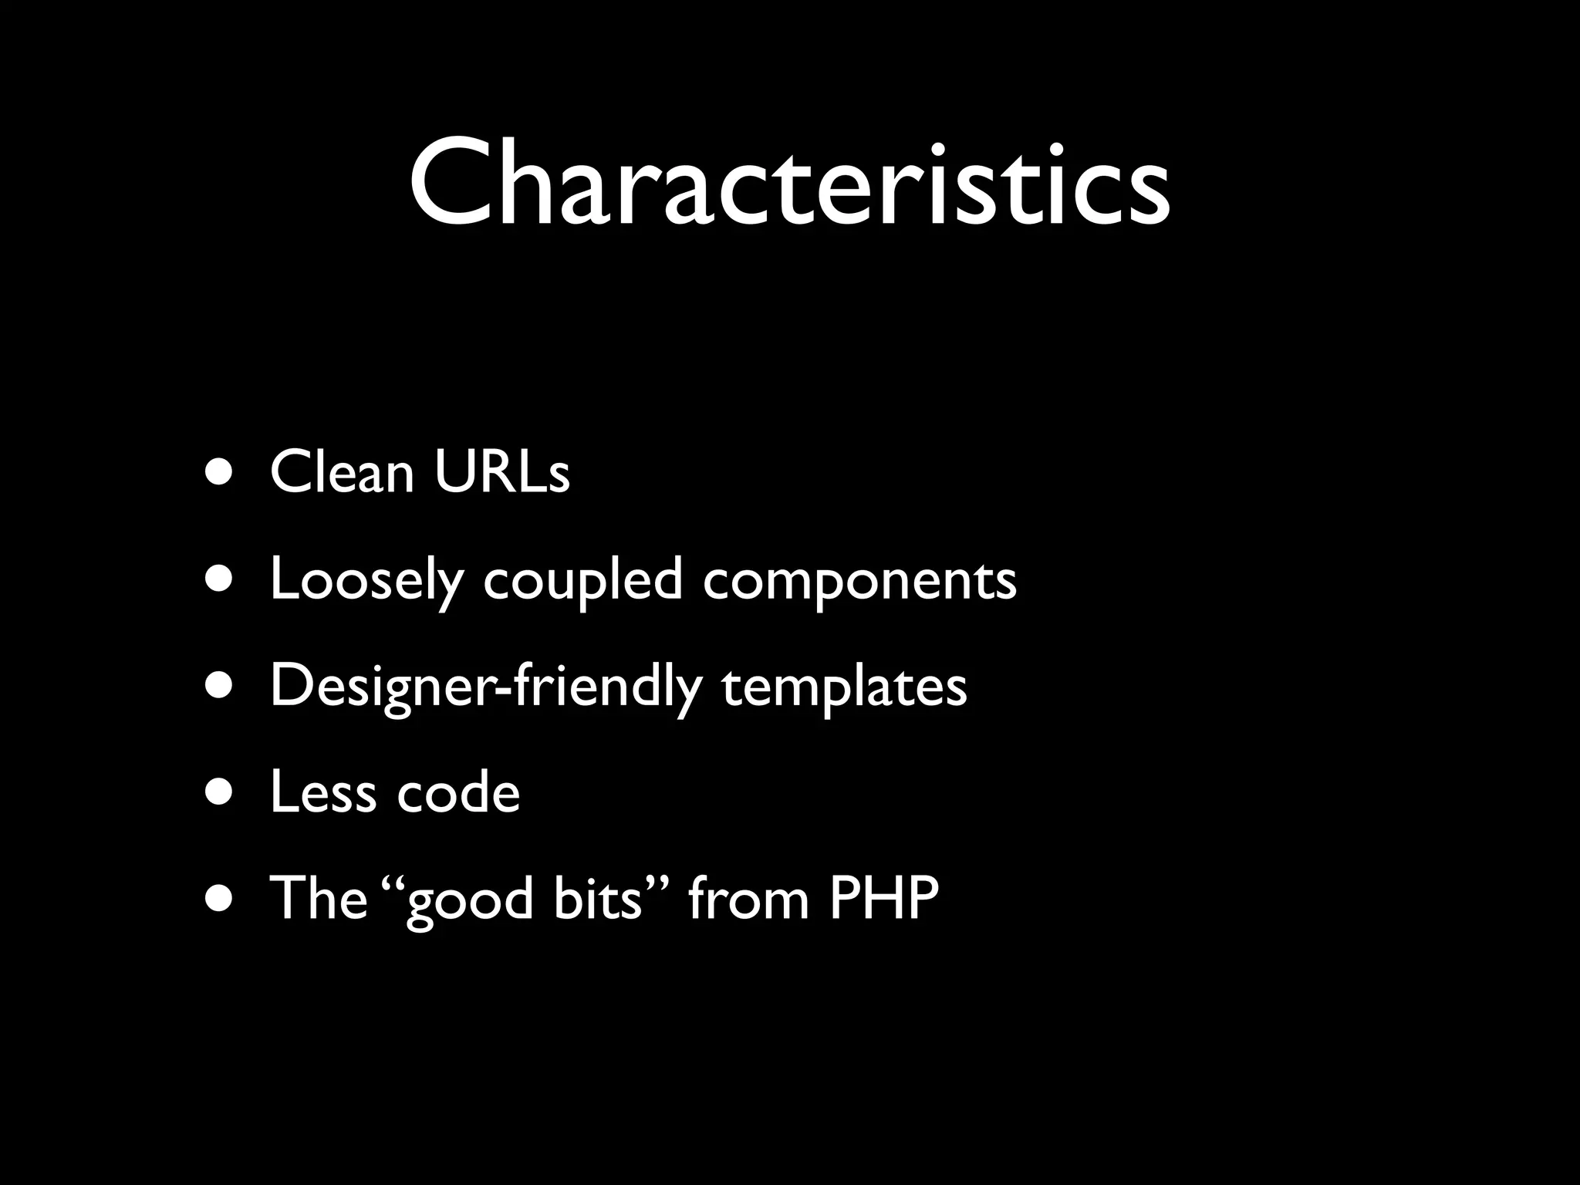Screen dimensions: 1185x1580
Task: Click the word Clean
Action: pos(343,472)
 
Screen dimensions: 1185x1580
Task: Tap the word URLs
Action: pos(502,472)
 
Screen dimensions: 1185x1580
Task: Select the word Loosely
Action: pos(366,581)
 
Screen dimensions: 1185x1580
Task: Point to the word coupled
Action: pos(583,581)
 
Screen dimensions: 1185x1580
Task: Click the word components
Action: pos(859,581)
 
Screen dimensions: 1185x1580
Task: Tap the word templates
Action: pos(844,687)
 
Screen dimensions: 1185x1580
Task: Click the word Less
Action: pos(323,793)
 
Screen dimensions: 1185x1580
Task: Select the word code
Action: pos(458,793)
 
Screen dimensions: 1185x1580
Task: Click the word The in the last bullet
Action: pos(318,899)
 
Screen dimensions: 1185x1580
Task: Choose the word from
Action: pos(748,899)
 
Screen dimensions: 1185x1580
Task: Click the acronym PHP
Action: pos(884,899)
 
